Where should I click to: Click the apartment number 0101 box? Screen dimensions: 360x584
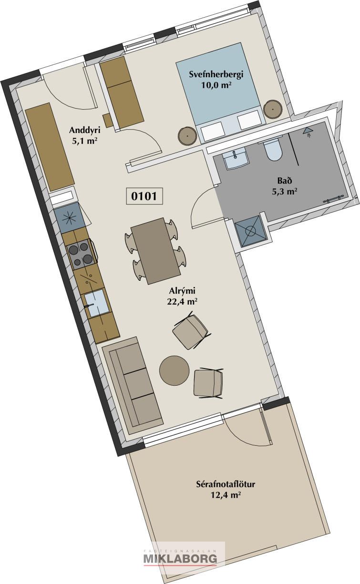tap(144, 196)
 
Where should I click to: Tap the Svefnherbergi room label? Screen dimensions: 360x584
tap(216, 74)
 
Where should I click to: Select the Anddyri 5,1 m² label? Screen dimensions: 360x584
tap(85, 135)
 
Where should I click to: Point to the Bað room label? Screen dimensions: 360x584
tap(284, 180)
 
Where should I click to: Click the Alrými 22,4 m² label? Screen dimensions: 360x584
tap(182, 296)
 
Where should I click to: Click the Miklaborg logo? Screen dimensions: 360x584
tap(180, 558)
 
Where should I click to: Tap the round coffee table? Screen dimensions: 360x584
tap(175, 370)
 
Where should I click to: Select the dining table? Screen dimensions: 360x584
tap(156, 251)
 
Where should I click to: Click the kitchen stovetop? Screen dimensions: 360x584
tap(82, 254)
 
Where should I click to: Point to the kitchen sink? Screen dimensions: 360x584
tap(95, 303)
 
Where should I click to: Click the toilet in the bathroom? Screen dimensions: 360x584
tap(273, 149)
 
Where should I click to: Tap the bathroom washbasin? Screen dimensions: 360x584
tap(236, 158)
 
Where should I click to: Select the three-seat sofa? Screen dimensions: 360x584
tap(133, 385)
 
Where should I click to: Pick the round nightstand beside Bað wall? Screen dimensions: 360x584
tap(273, 109)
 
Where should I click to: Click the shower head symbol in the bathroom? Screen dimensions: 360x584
tap(308, 132)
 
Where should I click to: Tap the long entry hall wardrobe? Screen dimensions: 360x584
tap(50, 147)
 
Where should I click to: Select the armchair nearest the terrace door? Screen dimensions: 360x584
tap(208, 383)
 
